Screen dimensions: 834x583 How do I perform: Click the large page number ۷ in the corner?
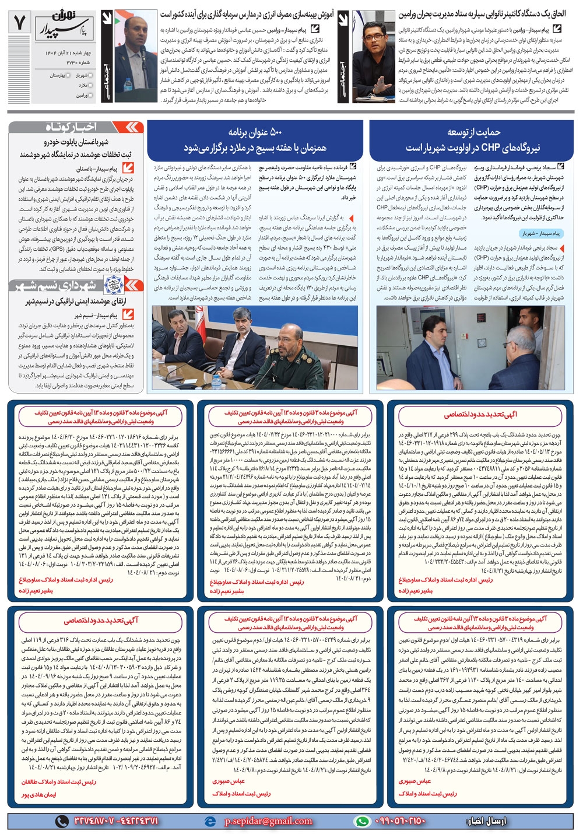pyautogui.click(x=20, y=23)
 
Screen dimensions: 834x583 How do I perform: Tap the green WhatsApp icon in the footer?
pyautogui.click(x=362, y=821)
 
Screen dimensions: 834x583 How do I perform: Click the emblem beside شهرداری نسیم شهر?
pyautogui.click(x=113, y=285)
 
